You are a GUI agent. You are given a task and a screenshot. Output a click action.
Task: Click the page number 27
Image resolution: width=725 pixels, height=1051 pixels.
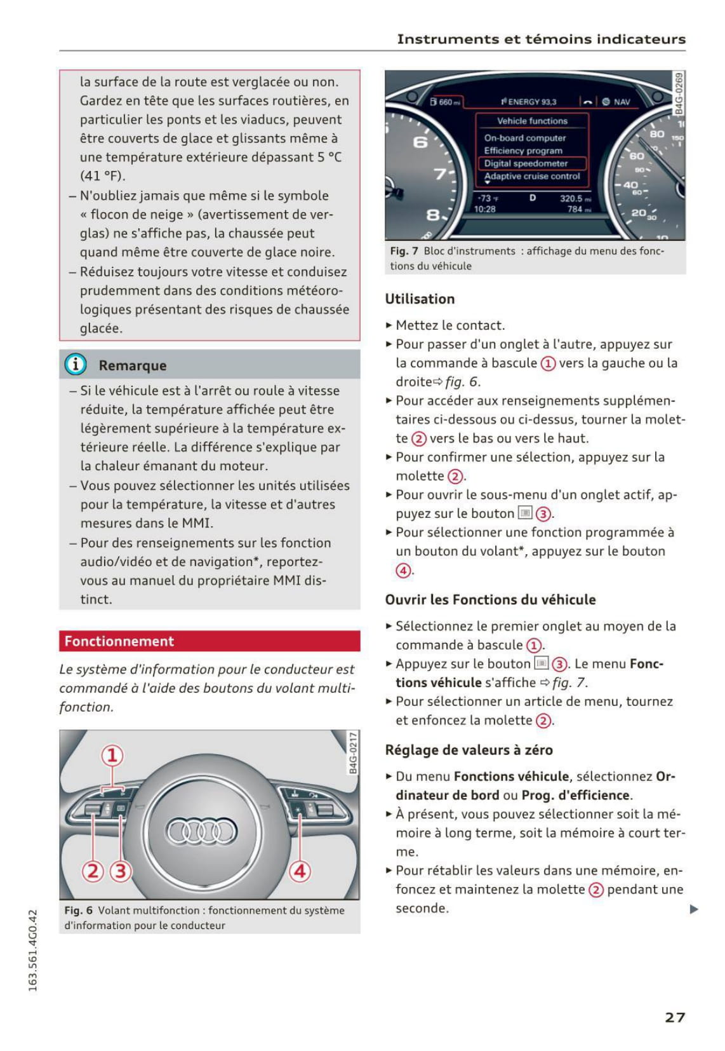[x=675, y=1017]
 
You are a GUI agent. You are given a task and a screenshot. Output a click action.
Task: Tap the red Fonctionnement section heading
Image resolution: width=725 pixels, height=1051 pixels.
[x=119, y=641]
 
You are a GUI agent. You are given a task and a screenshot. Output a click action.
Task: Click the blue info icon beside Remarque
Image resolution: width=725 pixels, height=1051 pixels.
[x=76, y=365]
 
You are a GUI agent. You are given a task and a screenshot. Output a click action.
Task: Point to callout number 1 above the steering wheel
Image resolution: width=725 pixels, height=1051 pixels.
[x=112, y=756]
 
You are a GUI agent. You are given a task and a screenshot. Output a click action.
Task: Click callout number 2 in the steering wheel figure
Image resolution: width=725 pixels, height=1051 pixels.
[x=93, y=871]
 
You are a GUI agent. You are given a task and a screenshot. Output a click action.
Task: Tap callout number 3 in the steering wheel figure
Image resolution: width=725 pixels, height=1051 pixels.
[x=121, y=871]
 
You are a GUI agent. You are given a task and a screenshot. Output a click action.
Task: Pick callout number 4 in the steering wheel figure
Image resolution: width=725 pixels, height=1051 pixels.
[x=300, y=871]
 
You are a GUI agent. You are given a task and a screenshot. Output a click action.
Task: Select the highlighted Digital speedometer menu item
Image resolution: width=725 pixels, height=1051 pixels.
[x=526, y=163]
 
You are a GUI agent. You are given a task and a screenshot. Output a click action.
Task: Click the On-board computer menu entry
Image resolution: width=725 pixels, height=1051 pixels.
[x=524, y=138]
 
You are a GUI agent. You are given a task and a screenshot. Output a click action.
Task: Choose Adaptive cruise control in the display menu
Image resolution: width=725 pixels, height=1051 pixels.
[x=532, y=176]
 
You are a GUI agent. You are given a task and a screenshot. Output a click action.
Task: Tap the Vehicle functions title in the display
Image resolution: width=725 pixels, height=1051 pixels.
[x=532, y=121]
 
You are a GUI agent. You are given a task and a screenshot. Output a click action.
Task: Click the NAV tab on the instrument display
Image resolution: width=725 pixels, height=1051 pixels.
[x=622, y=102]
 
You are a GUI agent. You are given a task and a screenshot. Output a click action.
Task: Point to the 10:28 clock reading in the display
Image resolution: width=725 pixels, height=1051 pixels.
[x=485, y=209]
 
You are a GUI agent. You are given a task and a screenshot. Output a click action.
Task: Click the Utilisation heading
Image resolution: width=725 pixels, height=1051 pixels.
[x=420, y=299]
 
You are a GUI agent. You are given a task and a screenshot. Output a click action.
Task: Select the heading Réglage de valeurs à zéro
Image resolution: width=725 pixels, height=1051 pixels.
[x=469, y=750]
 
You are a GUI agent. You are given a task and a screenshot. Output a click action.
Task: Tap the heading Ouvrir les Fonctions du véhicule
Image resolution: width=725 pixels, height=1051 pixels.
[x=490, y=600]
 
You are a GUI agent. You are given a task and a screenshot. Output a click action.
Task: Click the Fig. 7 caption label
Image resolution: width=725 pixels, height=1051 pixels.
[x=404, y=251]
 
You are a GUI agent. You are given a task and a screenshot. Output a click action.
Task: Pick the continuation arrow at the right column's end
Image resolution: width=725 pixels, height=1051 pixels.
[x=694, y=909]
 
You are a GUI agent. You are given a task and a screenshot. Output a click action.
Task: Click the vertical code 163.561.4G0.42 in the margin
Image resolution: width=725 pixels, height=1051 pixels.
[x=33, y=950]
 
